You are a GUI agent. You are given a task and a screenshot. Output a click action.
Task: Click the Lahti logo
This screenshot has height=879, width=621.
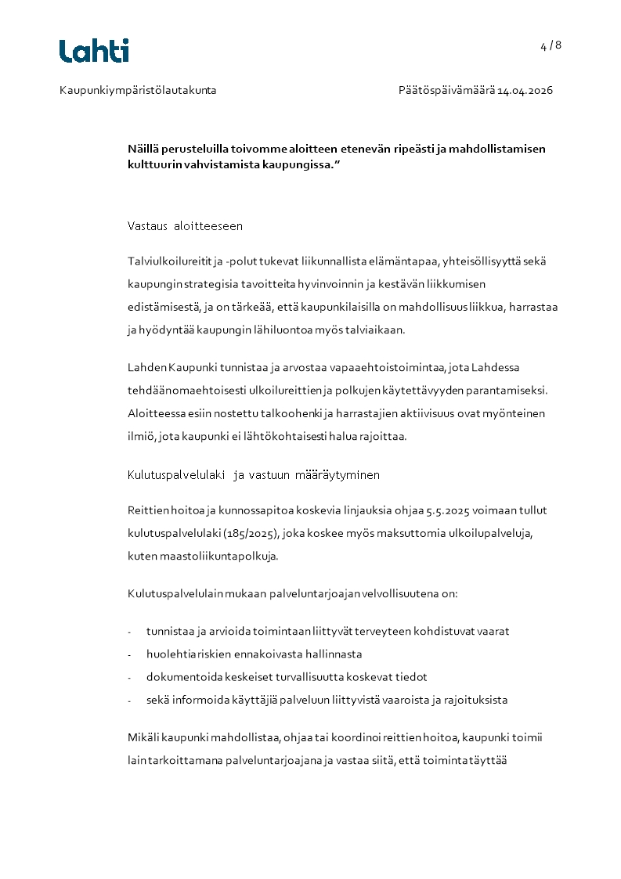[x=94, y=50]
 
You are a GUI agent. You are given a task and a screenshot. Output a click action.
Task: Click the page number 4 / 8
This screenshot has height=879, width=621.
[x=551, y=45]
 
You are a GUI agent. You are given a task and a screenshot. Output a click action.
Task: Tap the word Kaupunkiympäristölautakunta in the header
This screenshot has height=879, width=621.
[x=138, y=91]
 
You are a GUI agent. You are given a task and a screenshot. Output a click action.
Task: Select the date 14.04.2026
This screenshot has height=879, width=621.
[x=525, y=91]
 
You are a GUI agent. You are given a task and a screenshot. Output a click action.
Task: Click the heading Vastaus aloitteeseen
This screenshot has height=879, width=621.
[x=185, y=226]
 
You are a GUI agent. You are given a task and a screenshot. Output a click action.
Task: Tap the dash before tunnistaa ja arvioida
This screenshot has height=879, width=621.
[x=130, y=632]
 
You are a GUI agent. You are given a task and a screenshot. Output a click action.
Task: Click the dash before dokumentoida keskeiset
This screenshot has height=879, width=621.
[x=130, y=677]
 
